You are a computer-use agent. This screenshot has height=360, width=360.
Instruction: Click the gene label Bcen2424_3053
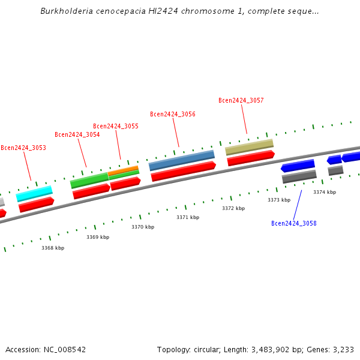23,148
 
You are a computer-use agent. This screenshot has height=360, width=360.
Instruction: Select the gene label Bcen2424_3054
77,134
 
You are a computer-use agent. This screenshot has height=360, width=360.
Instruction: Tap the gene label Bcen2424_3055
116,126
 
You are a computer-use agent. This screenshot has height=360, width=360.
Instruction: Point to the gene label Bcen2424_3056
173,114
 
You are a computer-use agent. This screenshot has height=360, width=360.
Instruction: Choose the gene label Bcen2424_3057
241,101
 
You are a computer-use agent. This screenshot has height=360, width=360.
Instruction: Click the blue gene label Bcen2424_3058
294,223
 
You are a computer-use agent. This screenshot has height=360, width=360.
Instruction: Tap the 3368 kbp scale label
53,248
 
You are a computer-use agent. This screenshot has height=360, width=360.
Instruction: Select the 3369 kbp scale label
98,237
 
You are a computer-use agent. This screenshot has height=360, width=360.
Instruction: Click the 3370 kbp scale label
143,227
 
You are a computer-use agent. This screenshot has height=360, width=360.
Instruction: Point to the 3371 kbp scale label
188,217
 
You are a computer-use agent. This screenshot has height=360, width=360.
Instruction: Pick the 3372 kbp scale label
233,208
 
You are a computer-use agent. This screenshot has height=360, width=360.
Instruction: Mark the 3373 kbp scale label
279,200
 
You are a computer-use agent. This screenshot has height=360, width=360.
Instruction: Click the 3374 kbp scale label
325,192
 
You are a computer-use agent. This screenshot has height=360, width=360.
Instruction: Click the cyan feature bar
34,193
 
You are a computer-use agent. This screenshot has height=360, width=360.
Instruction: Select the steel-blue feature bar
181,160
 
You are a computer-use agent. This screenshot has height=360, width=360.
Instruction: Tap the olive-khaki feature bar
249,146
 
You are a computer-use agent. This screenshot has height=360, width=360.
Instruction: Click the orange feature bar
123,170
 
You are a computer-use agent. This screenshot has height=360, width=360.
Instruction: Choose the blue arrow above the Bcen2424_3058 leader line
298,165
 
